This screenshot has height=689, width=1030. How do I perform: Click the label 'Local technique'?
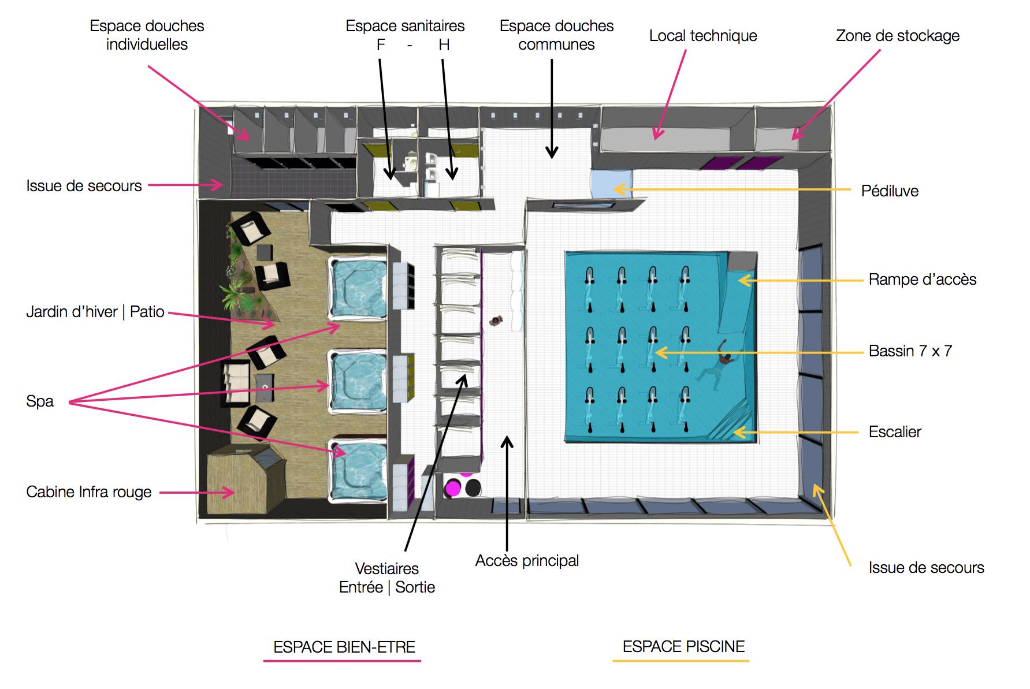703,36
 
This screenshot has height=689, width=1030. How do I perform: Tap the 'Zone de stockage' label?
898,36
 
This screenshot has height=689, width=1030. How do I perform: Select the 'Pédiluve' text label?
890,191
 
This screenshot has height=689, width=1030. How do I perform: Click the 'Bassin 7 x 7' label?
910,351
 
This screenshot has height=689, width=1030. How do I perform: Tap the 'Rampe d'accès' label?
923,280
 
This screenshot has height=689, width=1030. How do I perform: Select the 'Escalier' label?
895,432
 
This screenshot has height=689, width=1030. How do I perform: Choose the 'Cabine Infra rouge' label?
89,492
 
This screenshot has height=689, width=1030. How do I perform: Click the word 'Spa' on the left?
40,401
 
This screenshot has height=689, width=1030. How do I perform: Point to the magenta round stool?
452,489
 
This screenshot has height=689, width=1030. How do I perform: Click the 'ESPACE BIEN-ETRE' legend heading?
344,647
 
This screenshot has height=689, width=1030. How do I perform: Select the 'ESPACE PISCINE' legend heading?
683,646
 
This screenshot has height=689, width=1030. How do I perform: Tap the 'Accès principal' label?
527,561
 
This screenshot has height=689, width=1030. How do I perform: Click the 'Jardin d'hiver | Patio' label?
95,312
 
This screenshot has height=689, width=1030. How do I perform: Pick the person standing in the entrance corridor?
496,321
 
